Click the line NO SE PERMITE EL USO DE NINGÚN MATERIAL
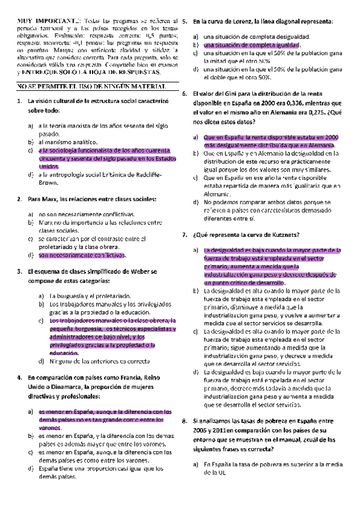88,87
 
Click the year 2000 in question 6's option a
330,138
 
